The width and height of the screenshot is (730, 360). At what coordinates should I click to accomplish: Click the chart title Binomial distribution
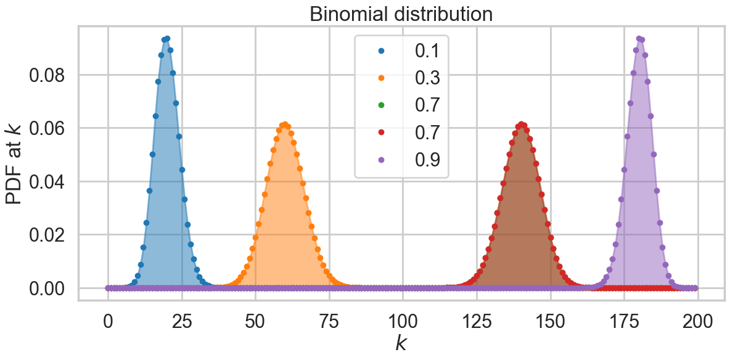pos(401,13)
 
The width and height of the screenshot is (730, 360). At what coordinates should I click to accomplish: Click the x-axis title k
pos(401,344)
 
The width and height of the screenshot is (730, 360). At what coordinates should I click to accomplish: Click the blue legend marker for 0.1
pos(380,51)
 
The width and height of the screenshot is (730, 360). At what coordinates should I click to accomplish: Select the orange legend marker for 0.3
pos(380,78)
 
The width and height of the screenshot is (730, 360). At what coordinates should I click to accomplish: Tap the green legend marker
pos(380,105)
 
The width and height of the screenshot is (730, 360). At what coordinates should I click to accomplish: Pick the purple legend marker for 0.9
pos(380,159)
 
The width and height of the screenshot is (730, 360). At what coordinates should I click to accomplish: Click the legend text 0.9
pos(427,159)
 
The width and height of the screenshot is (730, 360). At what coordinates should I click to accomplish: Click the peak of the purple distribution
pos(639,38)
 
